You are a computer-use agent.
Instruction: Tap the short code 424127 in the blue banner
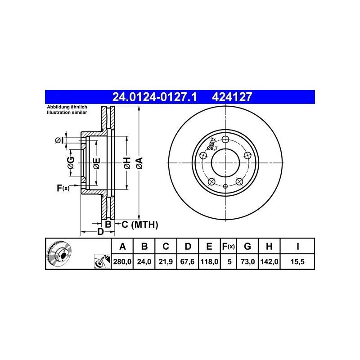tap(232, 96)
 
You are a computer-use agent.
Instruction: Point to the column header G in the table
tap(247, 246)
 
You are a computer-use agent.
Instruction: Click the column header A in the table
tap(121, 246)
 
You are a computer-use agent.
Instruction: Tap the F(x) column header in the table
tap(228, 246)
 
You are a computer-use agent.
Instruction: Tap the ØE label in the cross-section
tap(96, 164)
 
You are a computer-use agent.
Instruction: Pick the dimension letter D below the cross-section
tap(100, 232)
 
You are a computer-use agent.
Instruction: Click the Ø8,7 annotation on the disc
tap(212, 148)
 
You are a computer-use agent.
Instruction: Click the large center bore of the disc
tap(226, 163)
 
